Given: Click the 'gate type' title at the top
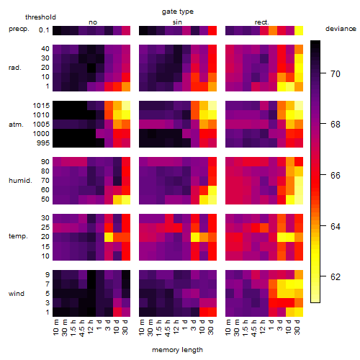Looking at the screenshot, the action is point(178,12).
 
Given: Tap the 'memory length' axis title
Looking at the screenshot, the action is point(177,350).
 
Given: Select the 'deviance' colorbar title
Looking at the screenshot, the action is point(341,29).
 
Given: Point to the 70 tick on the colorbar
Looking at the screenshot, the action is point(323,73).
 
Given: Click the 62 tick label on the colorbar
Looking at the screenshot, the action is point(336,277).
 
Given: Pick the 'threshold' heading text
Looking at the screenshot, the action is point(40,17).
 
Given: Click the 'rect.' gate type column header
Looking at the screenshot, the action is point(261,22).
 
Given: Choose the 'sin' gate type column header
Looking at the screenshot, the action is point(177,22).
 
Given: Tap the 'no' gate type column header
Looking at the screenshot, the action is point(93,22).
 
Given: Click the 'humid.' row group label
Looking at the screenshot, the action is point(20,181).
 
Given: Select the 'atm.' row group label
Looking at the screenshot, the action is point(16,125).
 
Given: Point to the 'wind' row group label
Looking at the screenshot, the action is point(17,294).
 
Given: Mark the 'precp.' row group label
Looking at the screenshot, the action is point(19,29).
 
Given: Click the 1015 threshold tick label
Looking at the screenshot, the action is point(41,106).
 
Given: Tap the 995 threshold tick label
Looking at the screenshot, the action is point(43,143).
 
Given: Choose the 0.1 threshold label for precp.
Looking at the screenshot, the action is point(44,30).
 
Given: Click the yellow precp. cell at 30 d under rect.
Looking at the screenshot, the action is point(299,30).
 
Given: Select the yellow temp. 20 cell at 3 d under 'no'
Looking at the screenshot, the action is point(109,238).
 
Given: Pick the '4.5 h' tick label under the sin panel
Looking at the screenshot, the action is point(168,328).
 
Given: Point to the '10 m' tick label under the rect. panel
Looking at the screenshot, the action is point(228,328).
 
